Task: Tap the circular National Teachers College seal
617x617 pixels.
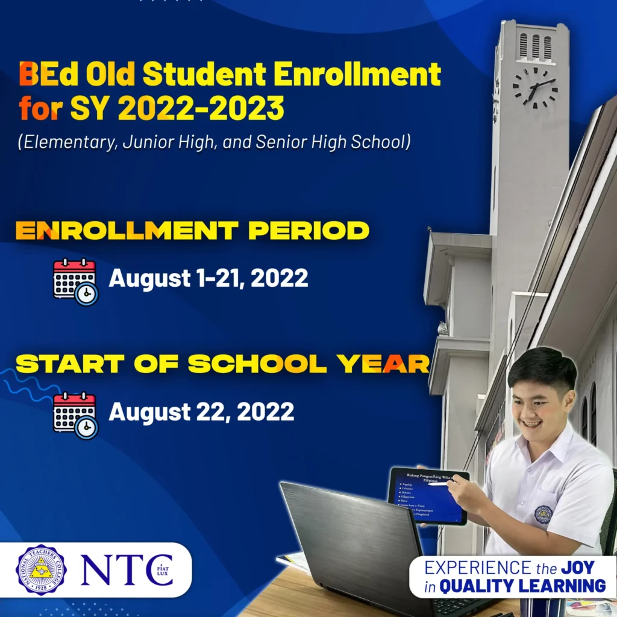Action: tap(41, 569)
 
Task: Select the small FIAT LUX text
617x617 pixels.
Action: tap(164, 571)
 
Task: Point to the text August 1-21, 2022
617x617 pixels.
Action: tap(208, 278)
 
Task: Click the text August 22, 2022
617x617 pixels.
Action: tap(201, 412)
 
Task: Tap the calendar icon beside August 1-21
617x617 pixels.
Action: tap(75, 281)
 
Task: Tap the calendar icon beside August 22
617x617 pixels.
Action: tap(75, 415)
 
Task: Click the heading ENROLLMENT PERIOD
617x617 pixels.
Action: tap(192, 230)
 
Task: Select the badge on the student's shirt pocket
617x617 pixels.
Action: tap(543, 514)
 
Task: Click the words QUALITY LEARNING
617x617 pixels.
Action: tap(522, 585)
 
